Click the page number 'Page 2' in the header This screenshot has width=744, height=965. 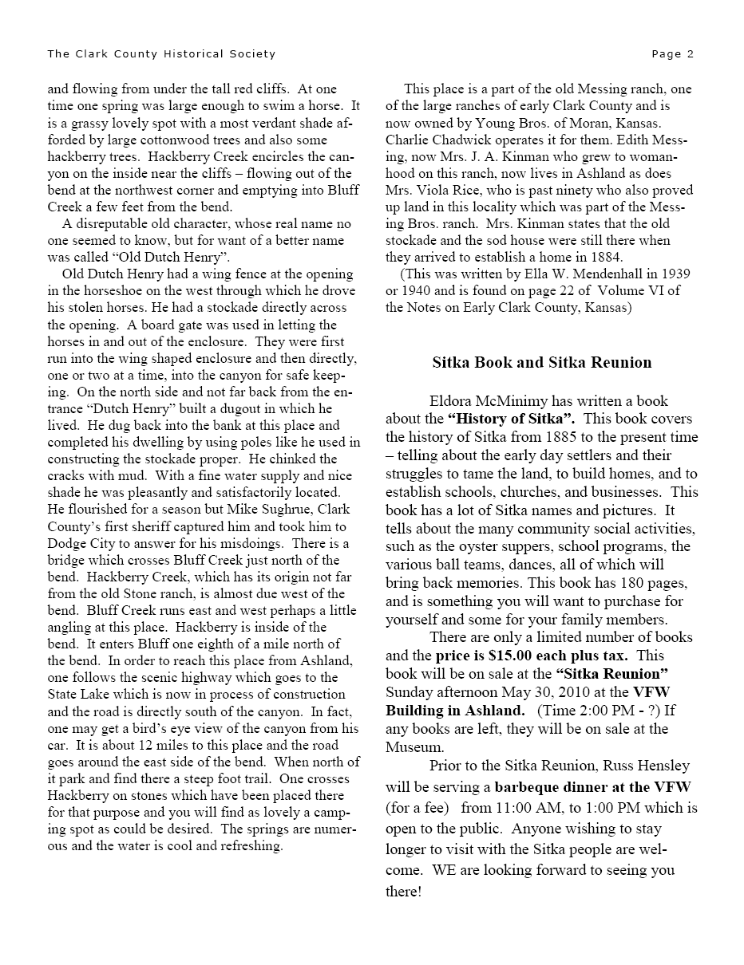(672, 54)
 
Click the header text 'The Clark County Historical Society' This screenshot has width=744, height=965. (161, 54)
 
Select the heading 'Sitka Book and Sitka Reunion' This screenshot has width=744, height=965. (542, 363)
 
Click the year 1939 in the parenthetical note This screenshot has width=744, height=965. (675, 274)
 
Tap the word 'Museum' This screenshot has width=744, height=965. (414, 747)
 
